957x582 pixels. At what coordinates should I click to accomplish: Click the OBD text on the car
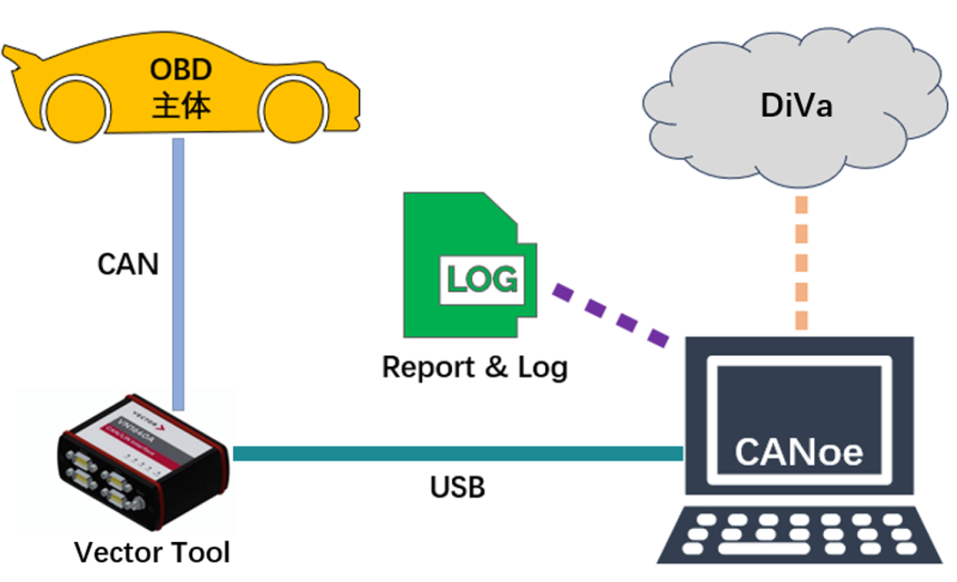point(180,69)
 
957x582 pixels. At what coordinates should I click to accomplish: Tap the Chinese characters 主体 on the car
point(180,105)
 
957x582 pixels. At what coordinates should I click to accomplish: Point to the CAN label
point(128,263)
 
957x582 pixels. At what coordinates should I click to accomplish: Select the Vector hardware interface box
point(143,466)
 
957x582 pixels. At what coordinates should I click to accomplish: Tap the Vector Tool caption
point(152,553)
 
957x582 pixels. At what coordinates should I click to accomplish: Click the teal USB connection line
point(456,454)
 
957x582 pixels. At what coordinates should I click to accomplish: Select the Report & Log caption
point(474,367)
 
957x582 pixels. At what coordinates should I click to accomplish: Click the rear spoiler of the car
point(19,60)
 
